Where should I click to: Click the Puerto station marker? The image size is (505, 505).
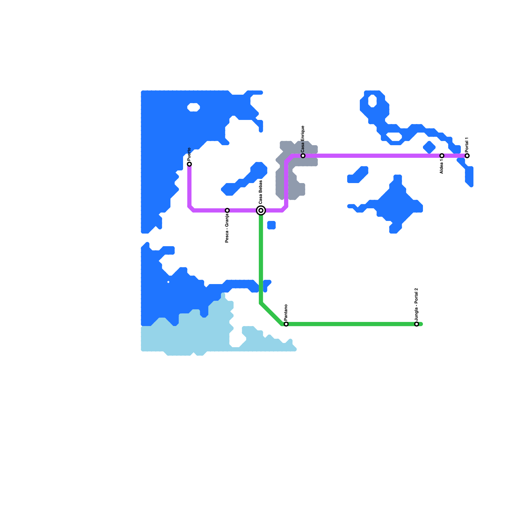189,164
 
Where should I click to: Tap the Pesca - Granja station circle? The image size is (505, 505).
227,210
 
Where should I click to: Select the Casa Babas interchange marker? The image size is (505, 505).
261,210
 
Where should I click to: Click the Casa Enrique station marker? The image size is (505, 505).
303,156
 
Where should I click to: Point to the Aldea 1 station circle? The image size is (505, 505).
442,156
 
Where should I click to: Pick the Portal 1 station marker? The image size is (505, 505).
467,156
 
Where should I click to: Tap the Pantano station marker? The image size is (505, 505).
286,324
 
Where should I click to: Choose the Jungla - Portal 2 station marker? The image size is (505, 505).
417,324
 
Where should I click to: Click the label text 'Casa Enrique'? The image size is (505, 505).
303,138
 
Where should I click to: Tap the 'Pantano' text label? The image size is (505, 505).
286,312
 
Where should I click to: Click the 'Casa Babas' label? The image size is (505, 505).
261,192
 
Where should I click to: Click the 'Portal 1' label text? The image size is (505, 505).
467,145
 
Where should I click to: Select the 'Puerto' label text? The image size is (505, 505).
189,154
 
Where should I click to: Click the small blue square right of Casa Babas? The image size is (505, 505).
271,225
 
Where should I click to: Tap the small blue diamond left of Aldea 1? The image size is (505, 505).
429,147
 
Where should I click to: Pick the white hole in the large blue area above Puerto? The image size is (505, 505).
193,107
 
